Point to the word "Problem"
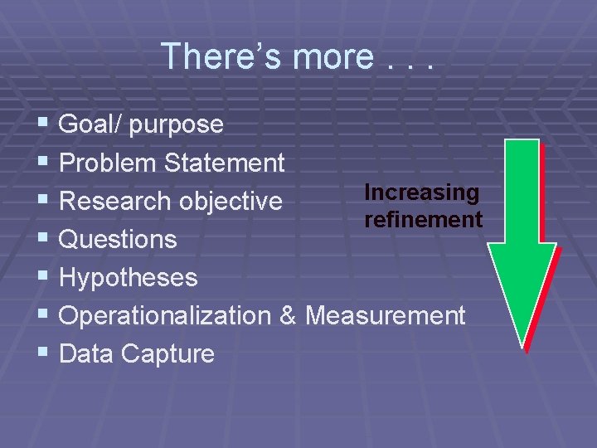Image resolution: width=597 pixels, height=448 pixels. (109, 163)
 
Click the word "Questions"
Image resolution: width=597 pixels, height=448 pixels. (119, 240)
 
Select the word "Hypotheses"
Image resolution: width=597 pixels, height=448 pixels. (129, 278)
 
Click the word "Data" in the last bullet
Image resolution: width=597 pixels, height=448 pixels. (87, 354)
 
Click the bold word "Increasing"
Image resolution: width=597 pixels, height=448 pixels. (421, 192)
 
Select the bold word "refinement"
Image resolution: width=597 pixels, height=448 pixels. (423, 220)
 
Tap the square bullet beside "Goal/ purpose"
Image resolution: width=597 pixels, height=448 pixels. (44, 124)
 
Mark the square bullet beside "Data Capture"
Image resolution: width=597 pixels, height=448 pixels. (44, 353)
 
